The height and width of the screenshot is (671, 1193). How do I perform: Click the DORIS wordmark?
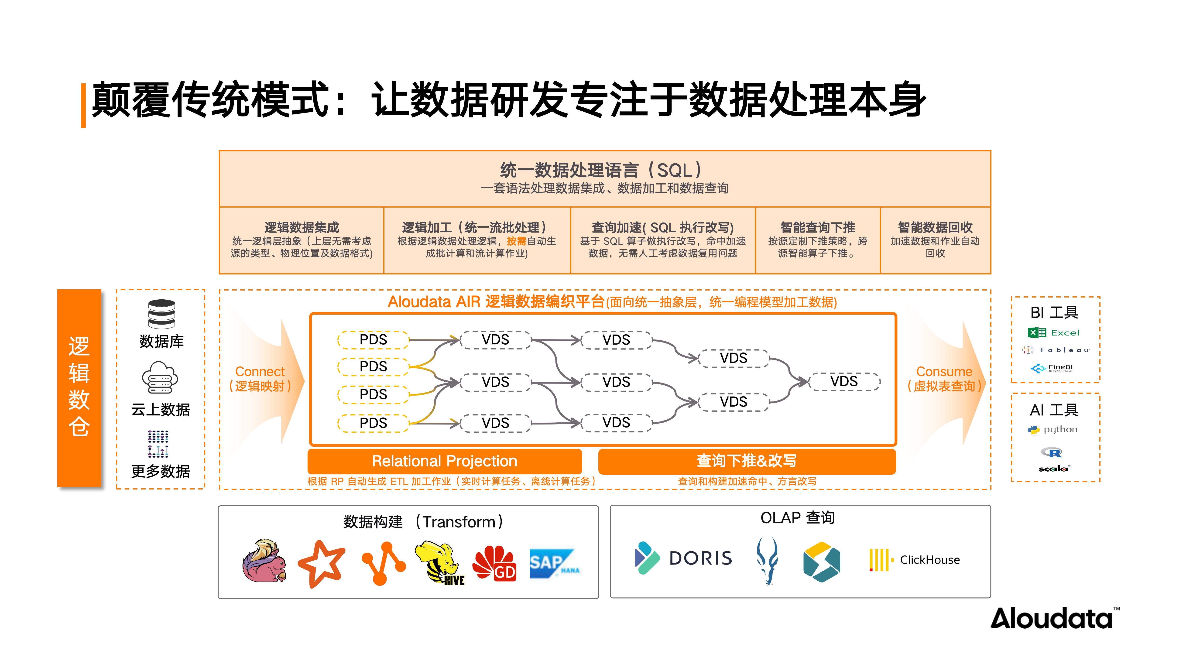tap(700, 558)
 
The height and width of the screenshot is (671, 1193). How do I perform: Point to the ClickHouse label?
tap(929, 560)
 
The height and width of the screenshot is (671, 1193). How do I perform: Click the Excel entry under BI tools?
tap(1054, 332)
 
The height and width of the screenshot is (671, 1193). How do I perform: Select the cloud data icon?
tap(160, 377)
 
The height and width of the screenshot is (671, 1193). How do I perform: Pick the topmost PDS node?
tap(373, 339)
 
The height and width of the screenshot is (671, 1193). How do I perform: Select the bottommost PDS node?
tap(373, 423)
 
